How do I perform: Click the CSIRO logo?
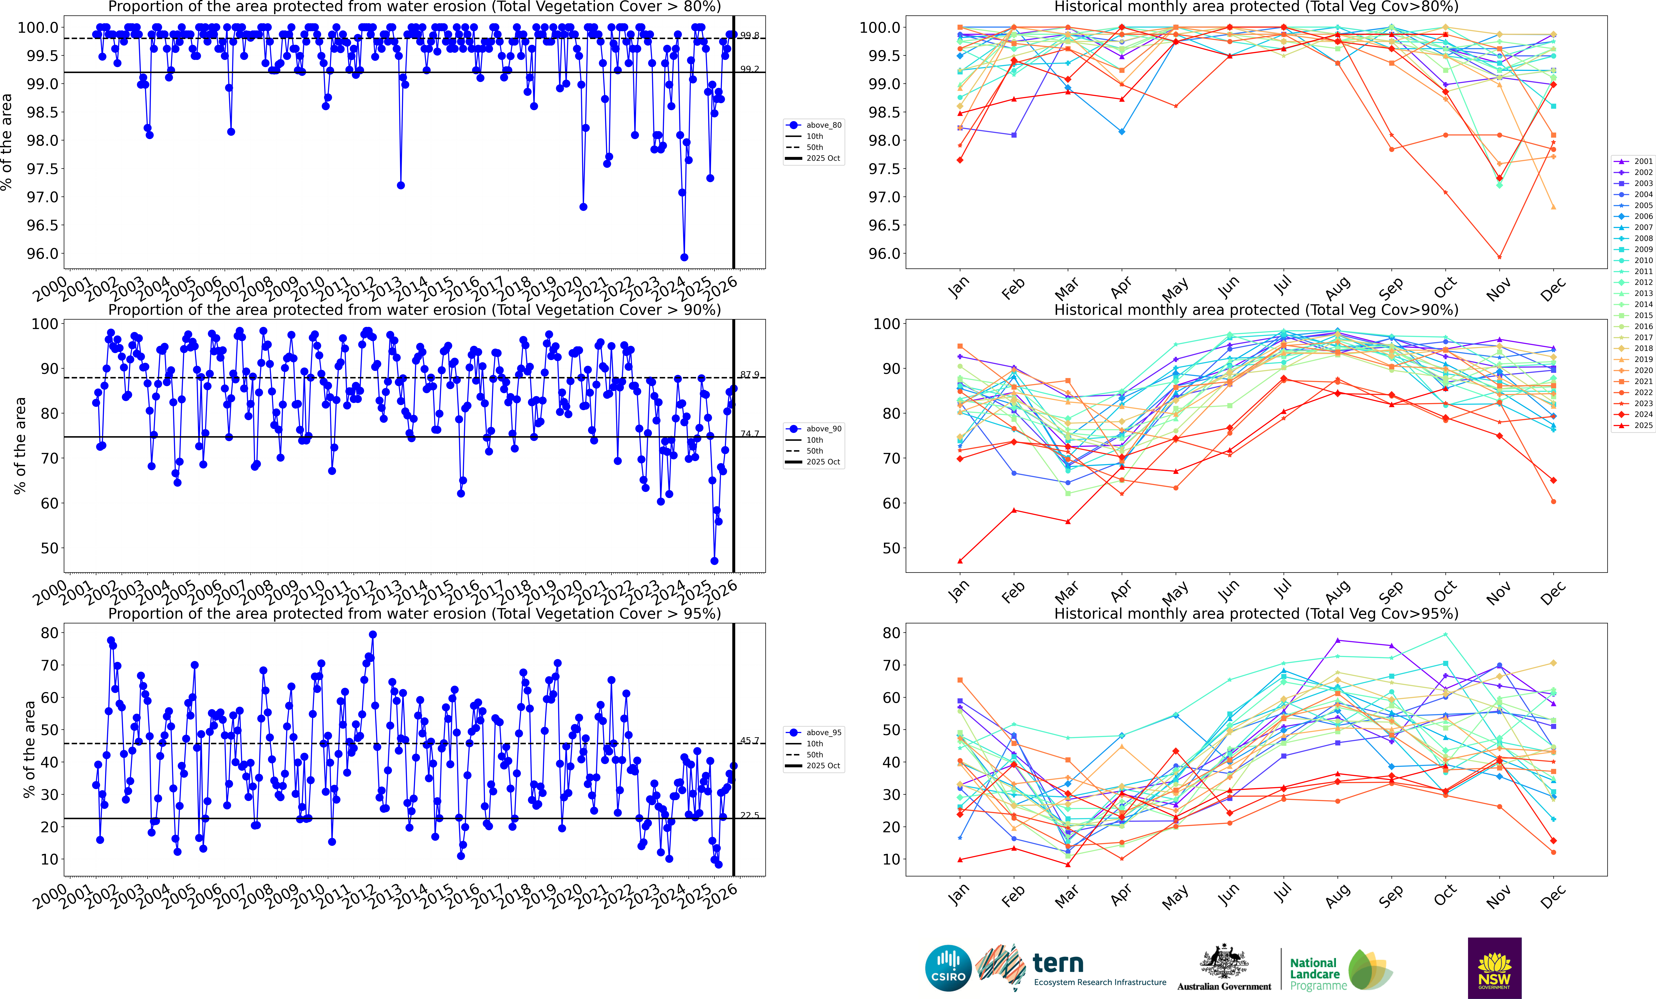[948, 968]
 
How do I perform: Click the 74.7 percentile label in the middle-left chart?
[749, 433]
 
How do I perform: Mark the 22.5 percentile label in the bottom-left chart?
[749, 815]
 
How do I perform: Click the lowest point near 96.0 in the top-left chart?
[684, 257]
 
